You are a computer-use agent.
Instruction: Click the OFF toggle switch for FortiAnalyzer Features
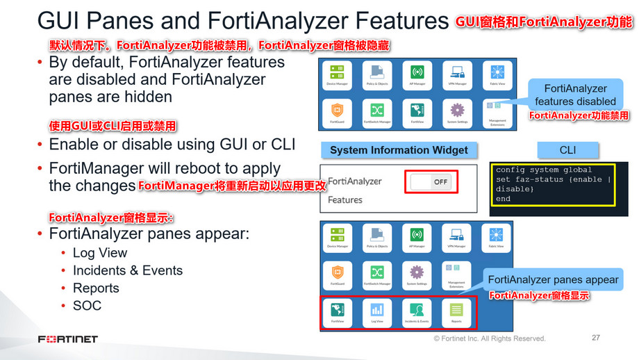point(431,182)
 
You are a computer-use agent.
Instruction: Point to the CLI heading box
point(567,150)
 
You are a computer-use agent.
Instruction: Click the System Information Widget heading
point(399,150)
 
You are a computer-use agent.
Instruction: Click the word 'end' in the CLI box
point(504,198)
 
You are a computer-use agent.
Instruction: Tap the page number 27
point(595,338)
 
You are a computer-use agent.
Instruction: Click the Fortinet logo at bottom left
point(68,339)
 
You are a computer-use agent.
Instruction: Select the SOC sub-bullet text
point(87,306)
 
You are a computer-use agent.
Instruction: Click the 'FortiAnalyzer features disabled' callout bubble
point(574,95)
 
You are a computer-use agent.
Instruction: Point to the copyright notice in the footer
point(490,338)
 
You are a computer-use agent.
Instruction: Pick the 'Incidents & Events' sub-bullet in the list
point(128,270)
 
